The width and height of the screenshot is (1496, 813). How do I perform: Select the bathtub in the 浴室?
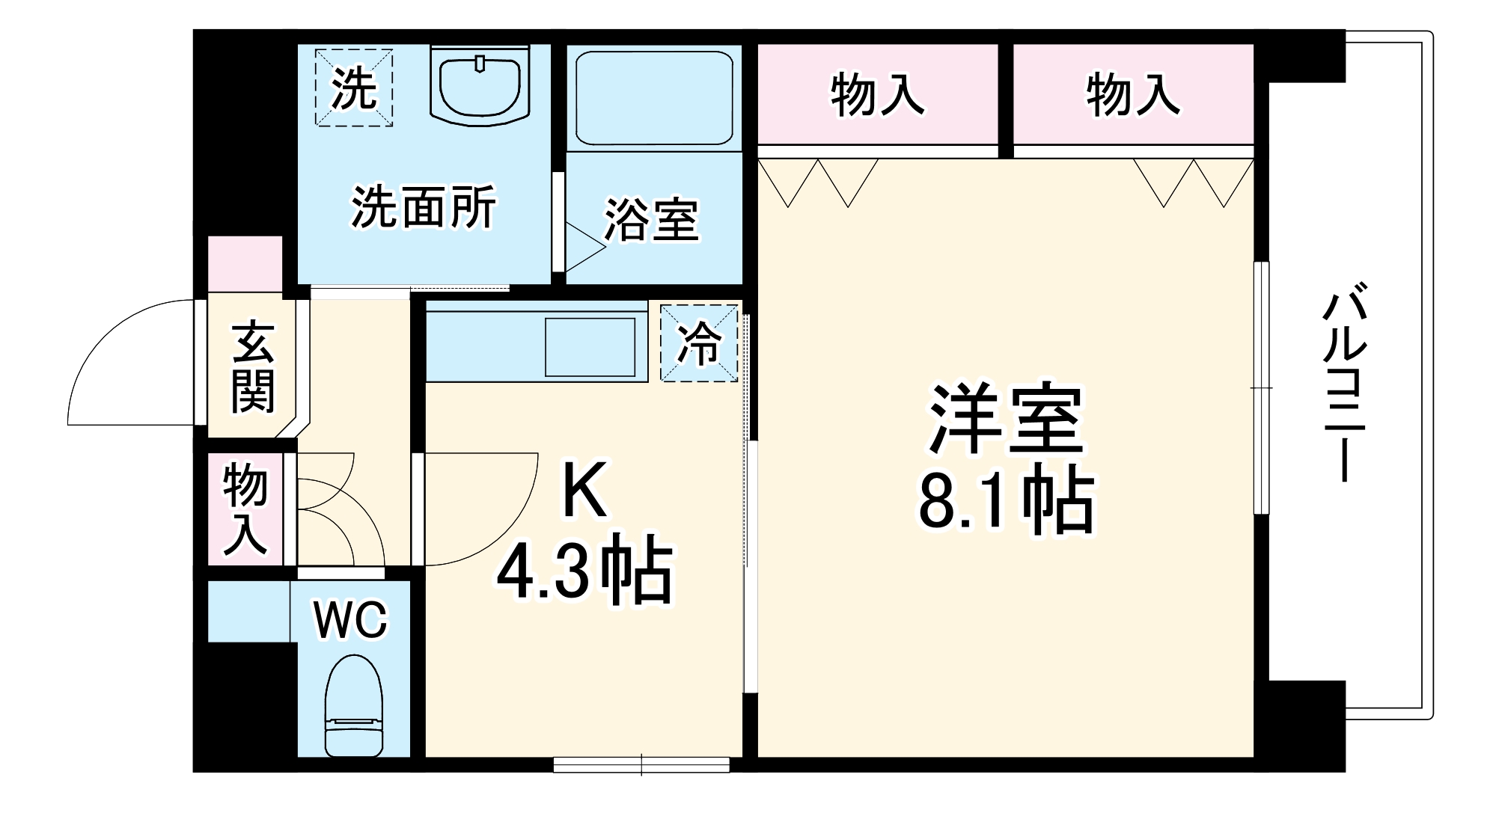point(653,97)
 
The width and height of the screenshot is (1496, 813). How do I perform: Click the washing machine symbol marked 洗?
point(354,88)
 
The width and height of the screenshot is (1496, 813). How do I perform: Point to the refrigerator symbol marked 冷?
point(699,343)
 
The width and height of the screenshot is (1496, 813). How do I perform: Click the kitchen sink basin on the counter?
point(590,347)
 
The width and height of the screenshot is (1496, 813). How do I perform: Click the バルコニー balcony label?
point(1345,381)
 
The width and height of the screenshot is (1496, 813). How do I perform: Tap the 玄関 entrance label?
point(252,367)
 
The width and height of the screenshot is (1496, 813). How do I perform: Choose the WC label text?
point(350,619)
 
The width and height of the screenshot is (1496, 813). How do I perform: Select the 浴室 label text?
point(651,219)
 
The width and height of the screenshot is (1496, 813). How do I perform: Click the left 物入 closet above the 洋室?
point(877,95)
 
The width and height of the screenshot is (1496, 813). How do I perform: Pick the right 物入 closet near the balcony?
point(1133,95)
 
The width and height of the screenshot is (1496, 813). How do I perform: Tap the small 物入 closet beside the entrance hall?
point(245,509)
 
